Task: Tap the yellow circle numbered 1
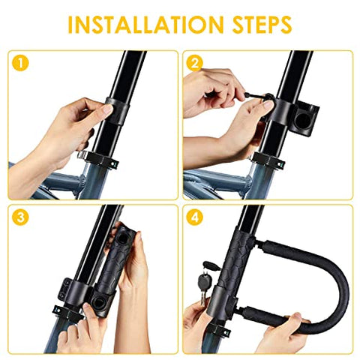(20, 63)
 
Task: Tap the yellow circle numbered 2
(195, 63)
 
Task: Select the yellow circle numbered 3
(20, 218)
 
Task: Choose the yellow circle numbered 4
(195, 218)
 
